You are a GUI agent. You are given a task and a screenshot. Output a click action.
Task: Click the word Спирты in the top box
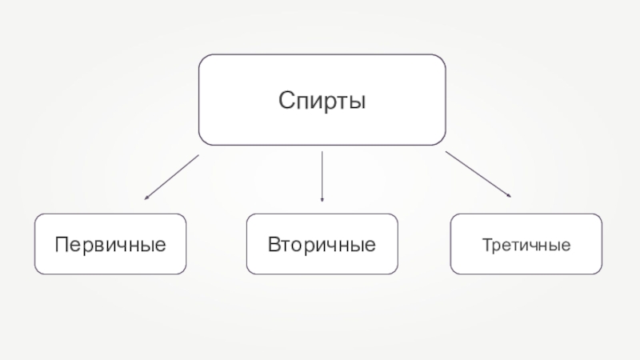(322, 101)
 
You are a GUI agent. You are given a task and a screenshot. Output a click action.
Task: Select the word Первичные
(110, 243)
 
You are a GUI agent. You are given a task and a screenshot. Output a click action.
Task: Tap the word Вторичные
(322, 243)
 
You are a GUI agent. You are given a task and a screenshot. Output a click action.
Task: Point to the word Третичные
(526, 243)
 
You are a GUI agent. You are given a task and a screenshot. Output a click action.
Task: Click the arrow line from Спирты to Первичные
(172, 176)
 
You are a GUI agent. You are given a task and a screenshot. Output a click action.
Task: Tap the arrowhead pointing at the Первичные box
(146, 197)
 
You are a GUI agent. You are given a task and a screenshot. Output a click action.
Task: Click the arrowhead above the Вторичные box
(322, 198)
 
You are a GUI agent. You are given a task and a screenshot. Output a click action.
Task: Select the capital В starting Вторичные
(273, 243)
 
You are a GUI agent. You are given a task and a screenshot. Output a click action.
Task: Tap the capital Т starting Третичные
(486, 243)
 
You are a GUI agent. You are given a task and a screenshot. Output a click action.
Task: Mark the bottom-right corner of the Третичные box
(600, 271)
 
